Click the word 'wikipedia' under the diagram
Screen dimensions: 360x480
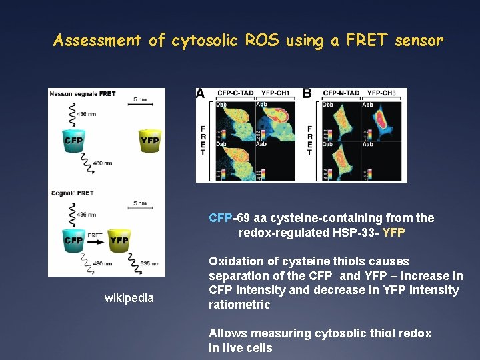coord(129,298)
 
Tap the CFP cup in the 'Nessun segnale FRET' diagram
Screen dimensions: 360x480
coord(73,142)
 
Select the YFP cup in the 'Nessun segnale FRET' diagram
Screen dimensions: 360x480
coord(149,142)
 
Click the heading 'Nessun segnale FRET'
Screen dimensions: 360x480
coord(82,93)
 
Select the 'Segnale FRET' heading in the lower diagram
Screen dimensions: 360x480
coord(73,193)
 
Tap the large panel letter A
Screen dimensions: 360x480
coord(200,94)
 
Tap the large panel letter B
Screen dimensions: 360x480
coord(307,94)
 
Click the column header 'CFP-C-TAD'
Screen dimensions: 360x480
coord(235,93)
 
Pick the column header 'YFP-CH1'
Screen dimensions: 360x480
coord(276,93)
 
